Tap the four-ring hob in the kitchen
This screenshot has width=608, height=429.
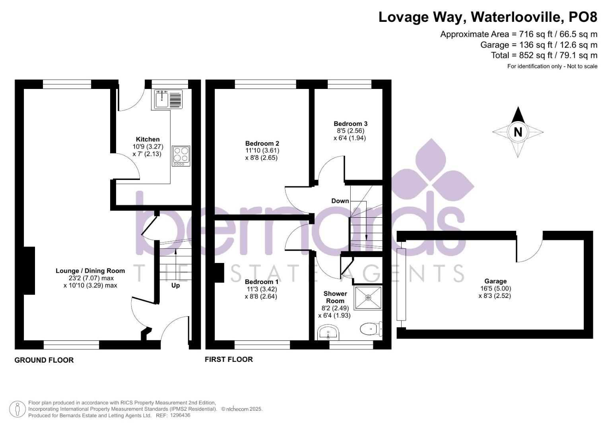point(181,156)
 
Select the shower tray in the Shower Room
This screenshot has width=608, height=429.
point(368,298)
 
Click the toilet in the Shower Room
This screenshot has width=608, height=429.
point(370,329)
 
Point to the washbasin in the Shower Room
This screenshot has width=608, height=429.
point(328,332)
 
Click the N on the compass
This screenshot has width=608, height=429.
point(518,132)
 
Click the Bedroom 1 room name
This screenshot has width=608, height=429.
point(261,282)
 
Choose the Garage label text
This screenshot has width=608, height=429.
point(495,281)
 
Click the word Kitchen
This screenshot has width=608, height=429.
point(148,139)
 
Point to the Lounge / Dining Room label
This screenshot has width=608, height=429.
point(90,271)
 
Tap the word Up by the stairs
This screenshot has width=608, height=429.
point(175,285)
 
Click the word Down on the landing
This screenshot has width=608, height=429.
point(340,201)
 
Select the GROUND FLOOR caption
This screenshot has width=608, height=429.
point(44,360)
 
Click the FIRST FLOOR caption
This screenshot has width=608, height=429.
point(229,359)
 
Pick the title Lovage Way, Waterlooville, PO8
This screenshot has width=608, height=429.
point(488,17)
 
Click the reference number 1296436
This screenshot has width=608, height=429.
point(180,415)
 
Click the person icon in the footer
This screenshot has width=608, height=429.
point(17,409)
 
